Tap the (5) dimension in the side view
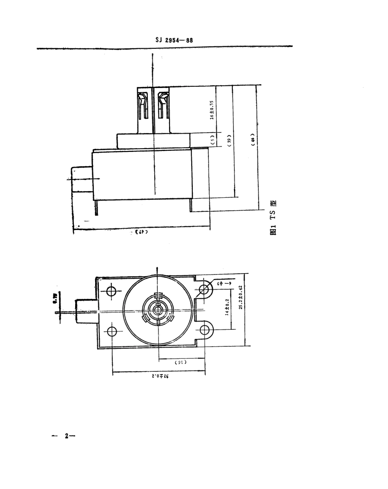(212, 140)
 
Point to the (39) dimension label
(230, 140)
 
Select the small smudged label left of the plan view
(54, 295)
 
